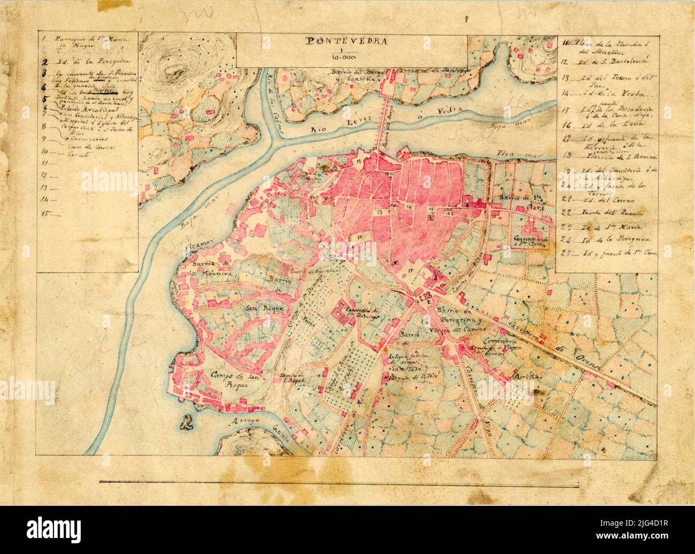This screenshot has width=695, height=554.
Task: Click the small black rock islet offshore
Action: (186, 423)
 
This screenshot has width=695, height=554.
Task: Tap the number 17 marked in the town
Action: (410, 271)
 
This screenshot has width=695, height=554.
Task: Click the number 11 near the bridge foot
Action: (360, 160)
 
